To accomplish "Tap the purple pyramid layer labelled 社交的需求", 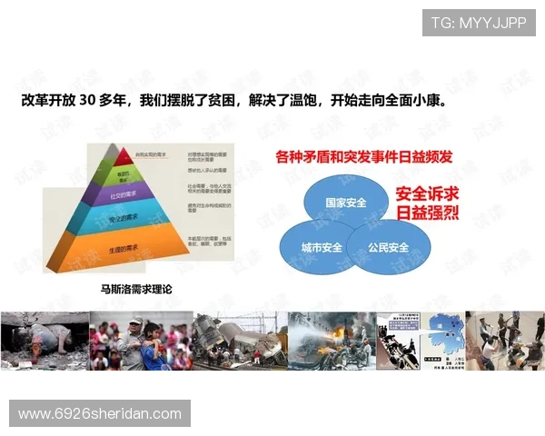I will [123, 194].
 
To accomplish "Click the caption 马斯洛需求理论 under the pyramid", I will [135, 290].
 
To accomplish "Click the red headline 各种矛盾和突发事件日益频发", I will [363, 157].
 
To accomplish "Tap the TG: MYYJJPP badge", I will [478, 23].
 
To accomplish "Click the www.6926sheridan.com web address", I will [100, 413].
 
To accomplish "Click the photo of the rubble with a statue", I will [44, 341].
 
